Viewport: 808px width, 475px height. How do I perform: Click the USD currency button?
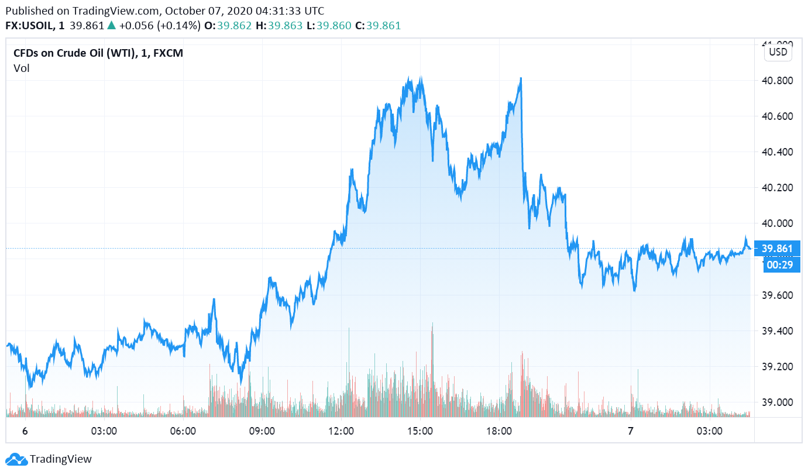click(x=778, y=51)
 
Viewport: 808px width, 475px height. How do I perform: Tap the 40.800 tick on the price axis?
click(x=776, y=81)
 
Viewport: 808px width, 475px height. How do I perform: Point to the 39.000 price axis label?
click(x=776, y=402)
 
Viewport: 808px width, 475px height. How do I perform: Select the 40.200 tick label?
click(x=776, y=188)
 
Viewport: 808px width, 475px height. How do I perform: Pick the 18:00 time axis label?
click(x=499, y=432)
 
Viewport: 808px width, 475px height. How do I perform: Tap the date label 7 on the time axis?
click(x=631, y=432)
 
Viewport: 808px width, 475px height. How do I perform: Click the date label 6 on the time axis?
click(x=25, y=432)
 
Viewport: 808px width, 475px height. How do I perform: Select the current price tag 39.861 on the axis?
click(x=777, y=249)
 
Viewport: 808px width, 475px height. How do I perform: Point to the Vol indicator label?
click(x=22, y=68)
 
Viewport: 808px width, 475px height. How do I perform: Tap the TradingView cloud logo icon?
click(x=16, y=459)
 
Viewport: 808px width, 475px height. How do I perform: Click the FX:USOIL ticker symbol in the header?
click(x=29, y=26)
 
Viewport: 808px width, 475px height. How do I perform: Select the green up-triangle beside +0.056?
click(x=111, y=26)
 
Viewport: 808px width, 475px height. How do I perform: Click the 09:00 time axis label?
click(x=262, y=432)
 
